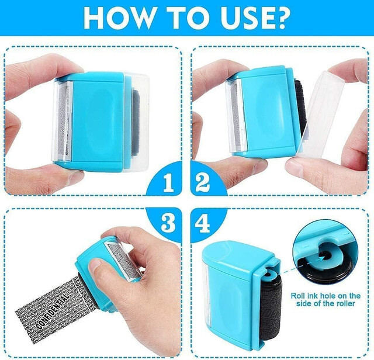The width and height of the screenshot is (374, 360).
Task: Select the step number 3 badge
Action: [x=168, y=221]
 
